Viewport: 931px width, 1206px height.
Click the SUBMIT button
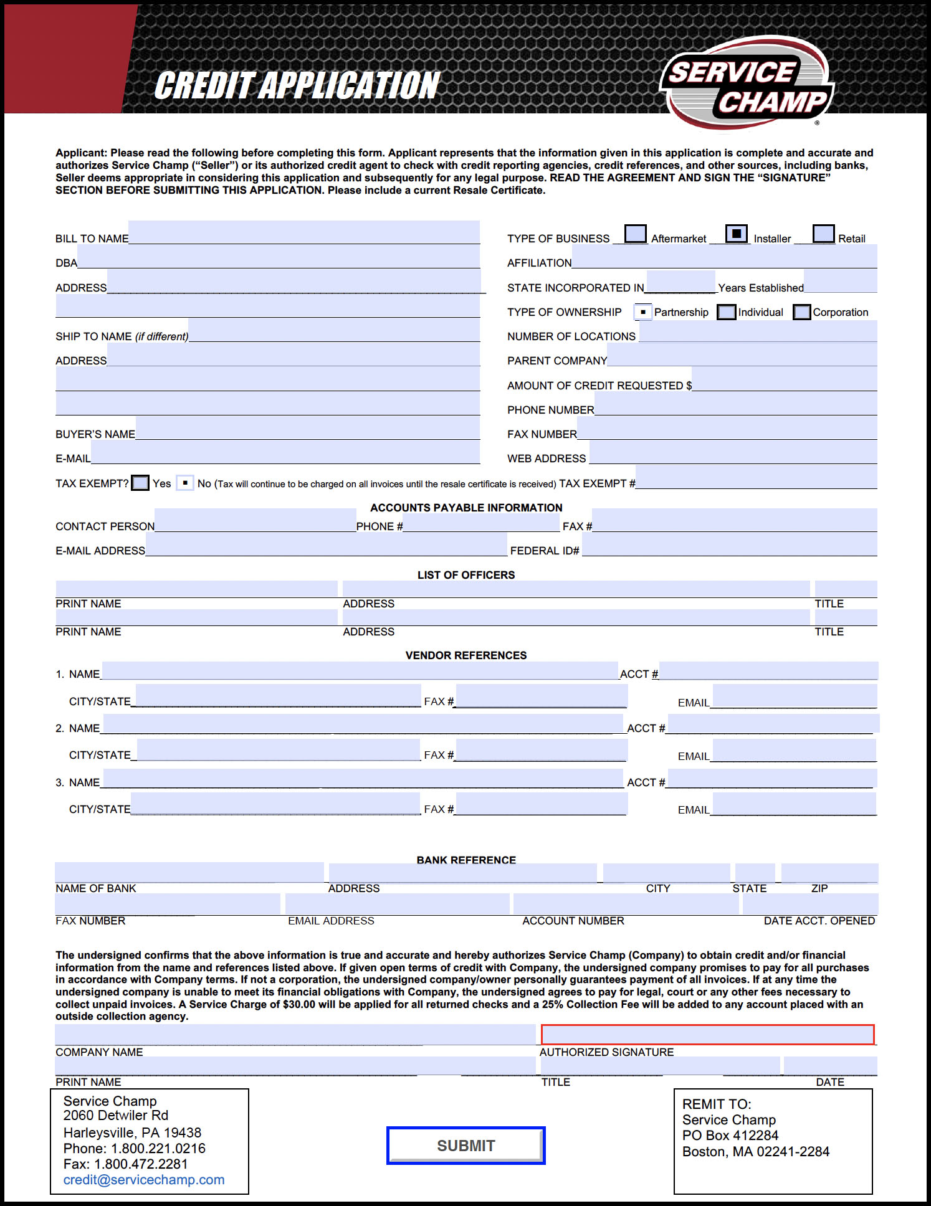465,1145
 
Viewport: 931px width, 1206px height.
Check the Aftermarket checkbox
635,234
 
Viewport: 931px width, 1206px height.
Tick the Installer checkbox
737,234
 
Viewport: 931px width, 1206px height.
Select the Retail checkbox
823,234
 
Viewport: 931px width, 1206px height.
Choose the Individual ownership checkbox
727,312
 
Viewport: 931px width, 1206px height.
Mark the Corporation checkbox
802,312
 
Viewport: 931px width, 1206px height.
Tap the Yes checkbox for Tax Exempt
141,483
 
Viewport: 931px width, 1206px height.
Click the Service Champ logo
747,84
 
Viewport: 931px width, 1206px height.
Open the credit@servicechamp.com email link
144,1180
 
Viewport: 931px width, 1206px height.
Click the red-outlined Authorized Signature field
707,1035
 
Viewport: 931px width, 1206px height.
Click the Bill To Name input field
304,232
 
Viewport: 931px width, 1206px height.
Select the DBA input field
279,257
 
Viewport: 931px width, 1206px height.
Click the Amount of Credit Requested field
785,379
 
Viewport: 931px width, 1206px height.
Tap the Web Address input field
733,452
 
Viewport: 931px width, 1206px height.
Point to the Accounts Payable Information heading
466,508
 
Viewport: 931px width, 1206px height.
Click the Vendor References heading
466,655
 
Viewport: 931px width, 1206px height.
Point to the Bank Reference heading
466,860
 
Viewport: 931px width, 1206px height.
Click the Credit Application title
297,86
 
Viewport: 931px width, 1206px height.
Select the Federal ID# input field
729,544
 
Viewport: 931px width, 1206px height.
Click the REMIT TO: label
717,1104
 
